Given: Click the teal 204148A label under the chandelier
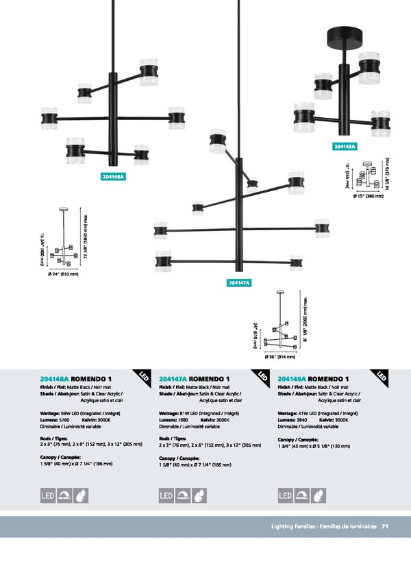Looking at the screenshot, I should [x=113, y=176].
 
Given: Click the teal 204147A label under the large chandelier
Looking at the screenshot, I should [x=238, y=282].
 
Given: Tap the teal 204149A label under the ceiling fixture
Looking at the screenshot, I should [x=345, y=147].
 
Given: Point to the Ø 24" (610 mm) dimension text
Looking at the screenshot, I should [x=64, y=275].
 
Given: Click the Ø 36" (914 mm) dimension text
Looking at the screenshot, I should [x=279, y=357].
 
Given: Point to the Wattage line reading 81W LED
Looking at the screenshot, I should [x=198, y=413].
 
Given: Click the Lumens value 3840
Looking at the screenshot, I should [x=303, y=419].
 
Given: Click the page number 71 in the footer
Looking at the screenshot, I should [x=386, y=526].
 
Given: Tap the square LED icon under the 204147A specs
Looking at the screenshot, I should [x=166, y=495].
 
